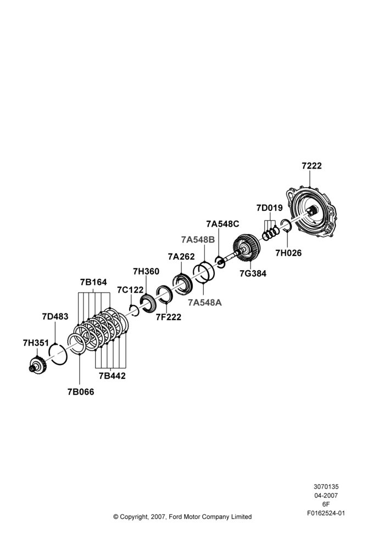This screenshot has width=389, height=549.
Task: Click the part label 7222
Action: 312,166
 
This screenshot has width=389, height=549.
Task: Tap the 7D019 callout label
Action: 269,208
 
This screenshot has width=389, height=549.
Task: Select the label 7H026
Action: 288,253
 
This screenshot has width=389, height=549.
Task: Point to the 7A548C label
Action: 223,224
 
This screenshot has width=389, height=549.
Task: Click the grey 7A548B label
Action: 198,239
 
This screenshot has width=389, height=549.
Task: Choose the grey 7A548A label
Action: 204,302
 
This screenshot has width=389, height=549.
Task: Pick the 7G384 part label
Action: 253,273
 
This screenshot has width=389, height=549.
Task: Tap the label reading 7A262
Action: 181,256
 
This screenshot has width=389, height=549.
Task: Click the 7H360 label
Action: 146,271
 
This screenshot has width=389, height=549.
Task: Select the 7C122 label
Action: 130,290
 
